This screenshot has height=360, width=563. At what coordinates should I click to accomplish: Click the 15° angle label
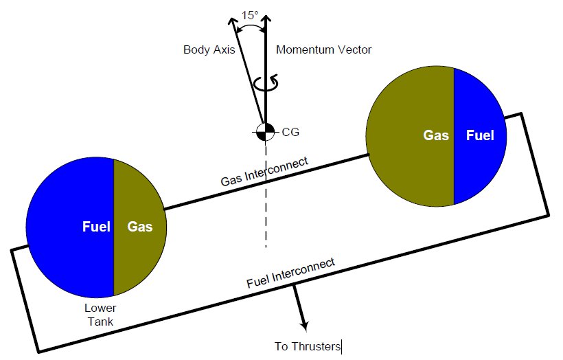251,14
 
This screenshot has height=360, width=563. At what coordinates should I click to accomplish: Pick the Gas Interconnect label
264,172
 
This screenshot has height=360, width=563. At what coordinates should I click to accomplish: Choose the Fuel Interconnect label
290,272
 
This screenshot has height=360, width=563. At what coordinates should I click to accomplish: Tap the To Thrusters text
307,347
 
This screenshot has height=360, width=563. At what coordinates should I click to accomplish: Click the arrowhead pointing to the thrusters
303,328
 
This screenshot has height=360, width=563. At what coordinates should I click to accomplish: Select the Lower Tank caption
96,315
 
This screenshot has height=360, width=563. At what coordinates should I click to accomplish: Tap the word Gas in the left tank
139,226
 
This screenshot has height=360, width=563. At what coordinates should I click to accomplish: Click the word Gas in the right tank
435,135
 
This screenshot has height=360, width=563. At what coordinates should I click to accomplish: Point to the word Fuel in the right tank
480,135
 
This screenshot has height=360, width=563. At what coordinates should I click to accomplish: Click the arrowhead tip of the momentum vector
265,8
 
